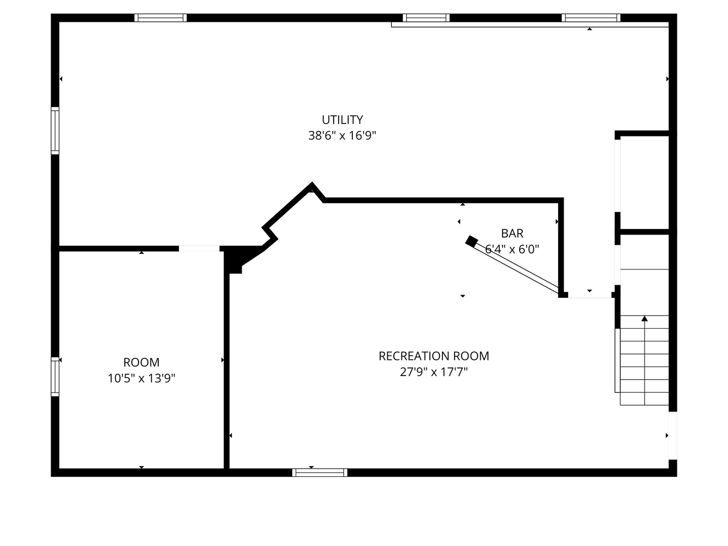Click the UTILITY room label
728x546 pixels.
point(342,120)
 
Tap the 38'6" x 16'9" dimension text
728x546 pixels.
point(342,135)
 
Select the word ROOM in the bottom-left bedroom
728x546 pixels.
point(141,362)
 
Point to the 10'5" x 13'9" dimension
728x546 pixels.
point(141,378)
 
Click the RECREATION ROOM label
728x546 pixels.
point(434,356)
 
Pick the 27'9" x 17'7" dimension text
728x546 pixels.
point(434,372)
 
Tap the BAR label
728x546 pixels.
point(512,234)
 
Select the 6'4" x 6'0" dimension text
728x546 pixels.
point(512,249)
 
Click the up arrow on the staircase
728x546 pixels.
point(645,319)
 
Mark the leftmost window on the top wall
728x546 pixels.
point(161,18)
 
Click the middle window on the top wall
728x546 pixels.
point(426,18)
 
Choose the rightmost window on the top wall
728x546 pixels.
point(590,18)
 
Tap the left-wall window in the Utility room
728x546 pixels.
point(55,130)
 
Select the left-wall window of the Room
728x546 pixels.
point(55,377)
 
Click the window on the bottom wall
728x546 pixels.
point(320,473)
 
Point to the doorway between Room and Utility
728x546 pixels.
point(199,248)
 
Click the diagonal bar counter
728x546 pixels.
point(516,267)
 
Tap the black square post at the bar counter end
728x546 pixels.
point(471,241)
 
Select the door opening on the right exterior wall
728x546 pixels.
point(672,435)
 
